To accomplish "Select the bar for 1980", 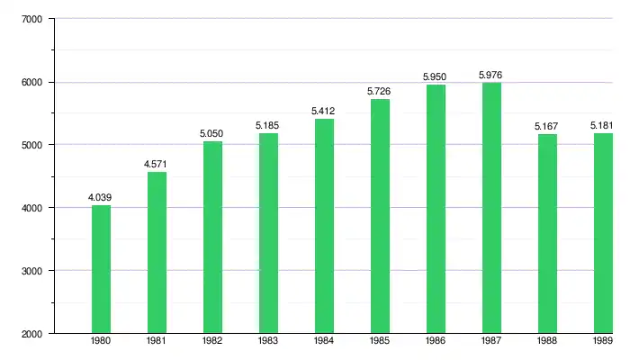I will point(101,270).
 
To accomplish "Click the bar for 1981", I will point(157,252).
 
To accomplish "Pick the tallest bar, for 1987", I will point(491,207).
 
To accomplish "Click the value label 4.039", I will point(101,197).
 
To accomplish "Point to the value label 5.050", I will point(212,133).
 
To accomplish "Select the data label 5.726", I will point(380,91).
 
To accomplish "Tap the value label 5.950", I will point(436,76).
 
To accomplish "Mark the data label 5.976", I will point(491,75).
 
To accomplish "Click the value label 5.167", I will point(547,126).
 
